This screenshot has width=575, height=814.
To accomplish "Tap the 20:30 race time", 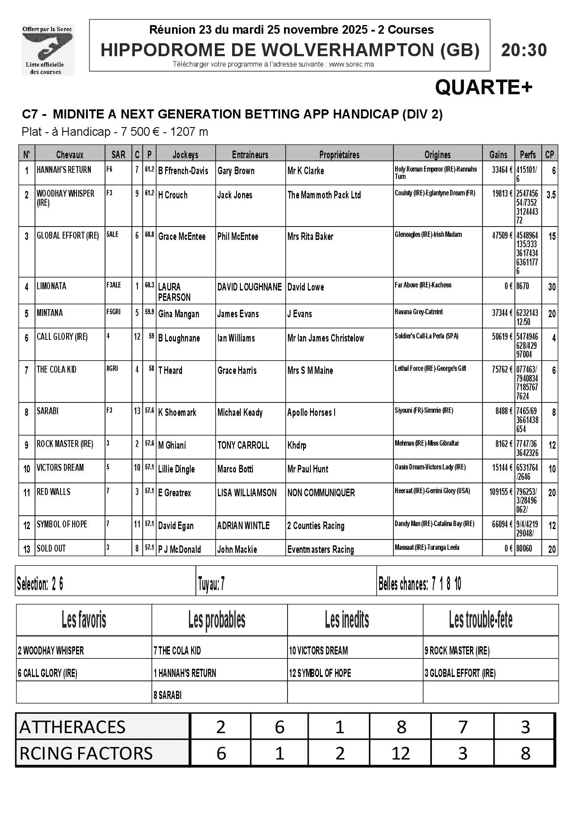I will click(x=524, y=50).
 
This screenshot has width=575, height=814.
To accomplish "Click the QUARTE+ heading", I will click(x=483, y=88).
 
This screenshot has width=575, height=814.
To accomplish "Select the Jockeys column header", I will click(x=185, y=155).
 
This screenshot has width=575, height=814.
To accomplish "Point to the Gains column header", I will click(x=498, y=155).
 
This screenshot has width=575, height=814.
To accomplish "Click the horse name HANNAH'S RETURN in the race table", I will click(x=64, y=170).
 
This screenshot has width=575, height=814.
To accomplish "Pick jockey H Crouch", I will click(x=173, y=195).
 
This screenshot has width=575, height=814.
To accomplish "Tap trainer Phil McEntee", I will click(x=238, y=236).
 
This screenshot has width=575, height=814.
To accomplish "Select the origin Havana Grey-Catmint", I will click(x=418, y=312).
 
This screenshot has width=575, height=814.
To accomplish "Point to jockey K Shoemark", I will click(x=177, y=412).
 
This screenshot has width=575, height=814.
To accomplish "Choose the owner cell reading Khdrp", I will click(x=297, y=445).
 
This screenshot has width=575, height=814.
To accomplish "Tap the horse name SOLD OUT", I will click(x=51, y=548).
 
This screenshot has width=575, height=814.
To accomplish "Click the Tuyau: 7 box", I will click(x=211, y=584).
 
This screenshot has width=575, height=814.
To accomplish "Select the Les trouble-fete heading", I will click(x=481, y=620).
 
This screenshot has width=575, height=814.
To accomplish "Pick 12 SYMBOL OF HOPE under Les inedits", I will click(x=320, y=673).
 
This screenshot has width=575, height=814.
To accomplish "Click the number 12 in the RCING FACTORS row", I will click(x=400, y=753).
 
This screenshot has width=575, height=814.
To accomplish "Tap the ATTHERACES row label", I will click(x=73, y=727).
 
